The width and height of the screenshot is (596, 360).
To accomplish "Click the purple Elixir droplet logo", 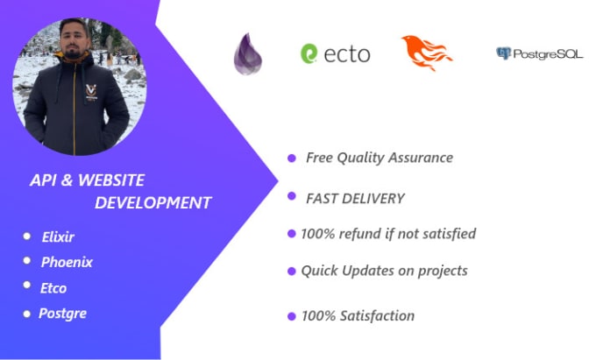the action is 248,54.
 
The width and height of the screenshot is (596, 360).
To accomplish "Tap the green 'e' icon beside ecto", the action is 309,53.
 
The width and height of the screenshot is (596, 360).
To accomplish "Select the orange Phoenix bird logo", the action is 427,53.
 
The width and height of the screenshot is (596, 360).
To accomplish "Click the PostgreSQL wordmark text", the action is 548,54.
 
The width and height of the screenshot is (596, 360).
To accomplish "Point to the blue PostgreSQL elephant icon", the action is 504,53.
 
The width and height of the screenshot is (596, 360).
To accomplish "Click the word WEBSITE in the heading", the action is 111,180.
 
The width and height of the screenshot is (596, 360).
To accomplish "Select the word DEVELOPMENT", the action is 153,203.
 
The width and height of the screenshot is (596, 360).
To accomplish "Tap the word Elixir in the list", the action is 58,237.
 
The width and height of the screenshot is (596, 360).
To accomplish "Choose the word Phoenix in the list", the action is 67,262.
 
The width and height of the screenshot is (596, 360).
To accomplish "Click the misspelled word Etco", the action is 53,288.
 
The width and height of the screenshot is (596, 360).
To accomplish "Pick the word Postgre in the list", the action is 63,314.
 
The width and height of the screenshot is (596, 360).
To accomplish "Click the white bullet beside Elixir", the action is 26,236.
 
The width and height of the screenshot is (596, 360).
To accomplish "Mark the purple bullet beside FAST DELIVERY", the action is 292,196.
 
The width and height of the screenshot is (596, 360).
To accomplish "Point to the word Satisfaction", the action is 377,316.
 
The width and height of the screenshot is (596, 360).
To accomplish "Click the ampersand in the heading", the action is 67,180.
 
